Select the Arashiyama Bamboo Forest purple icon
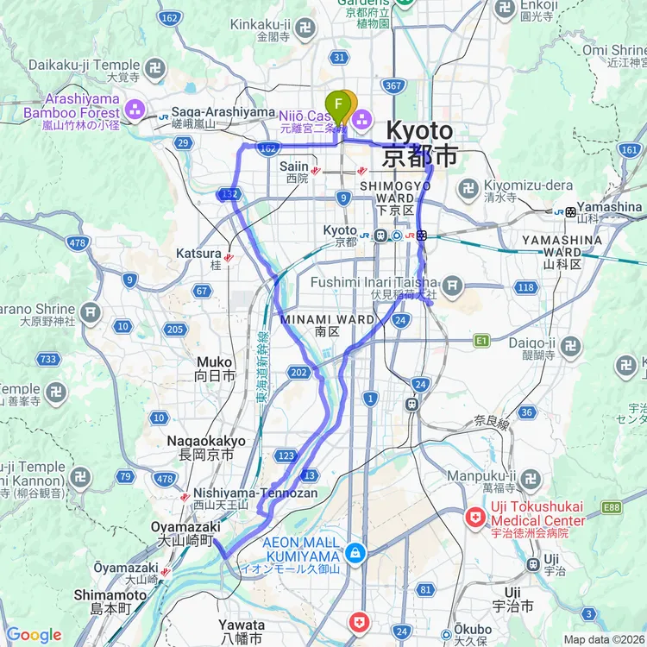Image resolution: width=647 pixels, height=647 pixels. (x=135, y=110)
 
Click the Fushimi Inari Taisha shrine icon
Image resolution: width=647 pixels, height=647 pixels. (x=453, y=286)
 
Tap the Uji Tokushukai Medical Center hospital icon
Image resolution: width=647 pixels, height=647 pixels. (x=474, y=519)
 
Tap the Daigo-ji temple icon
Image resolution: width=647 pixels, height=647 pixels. (x=569, y=347)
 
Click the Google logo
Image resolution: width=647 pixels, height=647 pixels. (x=34, y=635)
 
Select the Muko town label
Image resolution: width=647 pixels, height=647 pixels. (x=214, y=362)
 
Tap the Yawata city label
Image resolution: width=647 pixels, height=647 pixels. (x=241, y=625)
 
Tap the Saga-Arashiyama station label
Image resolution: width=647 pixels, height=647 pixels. (x=211, y=112)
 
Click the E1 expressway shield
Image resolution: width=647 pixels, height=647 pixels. (x=481, y=342)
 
